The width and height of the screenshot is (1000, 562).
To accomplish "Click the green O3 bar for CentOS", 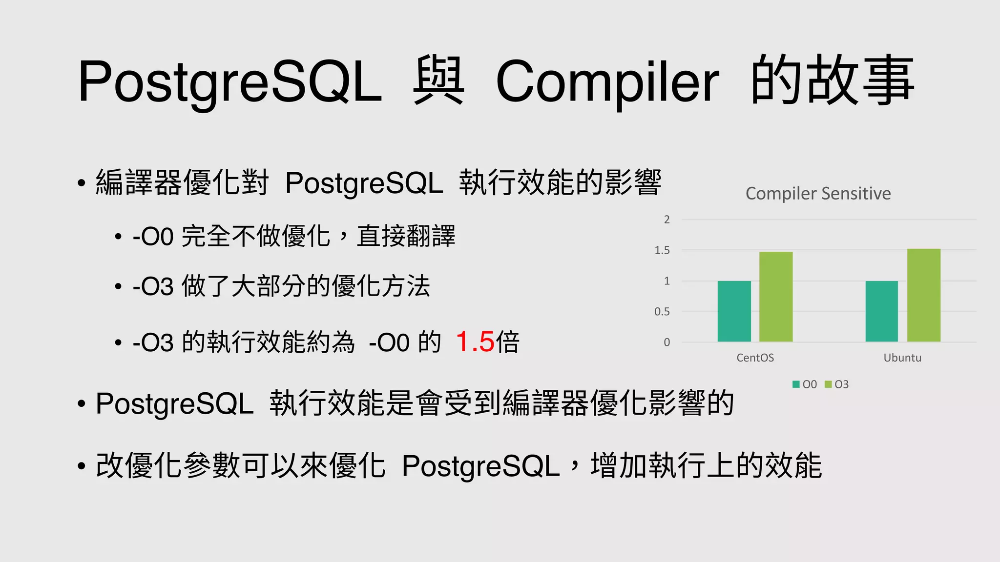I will point(775,297).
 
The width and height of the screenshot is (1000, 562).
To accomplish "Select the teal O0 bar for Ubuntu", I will point(881,311).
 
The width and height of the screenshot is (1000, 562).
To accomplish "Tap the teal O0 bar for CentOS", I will point(734,311).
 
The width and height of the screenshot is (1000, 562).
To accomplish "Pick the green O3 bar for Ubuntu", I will point(923,295).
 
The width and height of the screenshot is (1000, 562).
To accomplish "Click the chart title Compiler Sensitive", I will point(818,194).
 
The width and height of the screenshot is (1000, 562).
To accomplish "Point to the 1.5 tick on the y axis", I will point(662,250).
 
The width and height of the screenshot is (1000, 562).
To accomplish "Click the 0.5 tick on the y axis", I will point(662,312).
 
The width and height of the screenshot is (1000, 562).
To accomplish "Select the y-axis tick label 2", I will point(667,220).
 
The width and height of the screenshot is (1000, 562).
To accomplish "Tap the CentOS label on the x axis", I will point(755,358).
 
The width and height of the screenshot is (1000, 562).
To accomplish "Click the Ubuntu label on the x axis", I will point(902,358).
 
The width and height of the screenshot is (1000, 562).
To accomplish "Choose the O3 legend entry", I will point(837,384).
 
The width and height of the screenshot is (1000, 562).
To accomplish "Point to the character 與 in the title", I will point(438,81).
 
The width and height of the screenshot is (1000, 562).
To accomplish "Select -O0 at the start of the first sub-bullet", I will point(153,237).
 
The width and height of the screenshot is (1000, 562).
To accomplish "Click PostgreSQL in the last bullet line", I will point(480,466).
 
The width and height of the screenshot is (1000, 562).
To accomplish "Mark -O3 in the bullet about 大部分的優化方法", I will point(153,286).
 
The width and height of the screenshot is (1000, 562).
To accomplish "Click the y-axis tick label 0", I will point(667,342).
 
